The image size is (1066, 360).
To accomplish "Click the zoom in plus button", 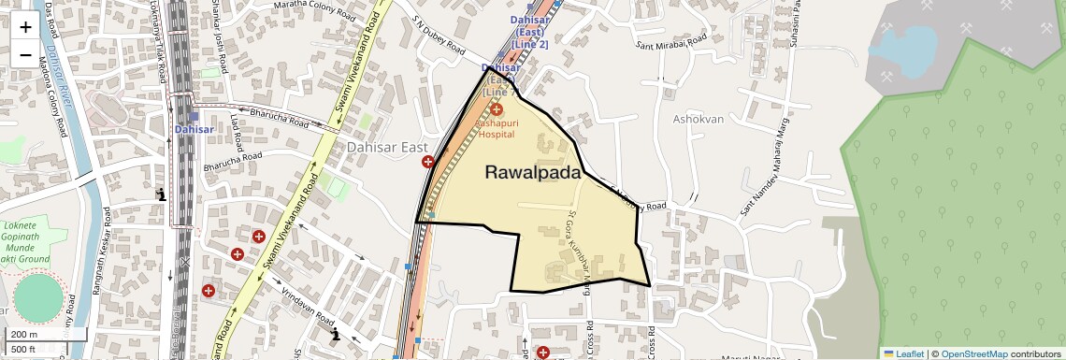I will tap(25, 26).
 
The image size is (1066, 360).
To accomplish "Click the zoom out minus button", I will tap(25, 55).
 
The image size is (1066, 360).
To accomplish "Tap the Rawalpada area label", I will tap(533, 173).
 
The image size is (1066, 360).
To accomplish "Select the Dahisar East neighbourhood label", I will tap(387, 147).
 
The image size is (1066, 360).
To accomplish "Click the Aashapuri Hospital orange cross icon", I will tap(497, 110).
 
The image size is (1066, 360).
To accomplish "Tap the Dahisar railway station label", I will tap(193, 130).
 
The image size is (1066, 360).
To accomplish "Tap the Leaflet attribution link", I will tap(903, 353).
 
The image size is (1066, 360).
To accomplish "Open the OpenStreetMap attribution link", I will tap(973, 353).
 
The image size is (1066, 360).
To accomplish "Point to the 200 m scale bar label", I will tap(23, 335).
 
